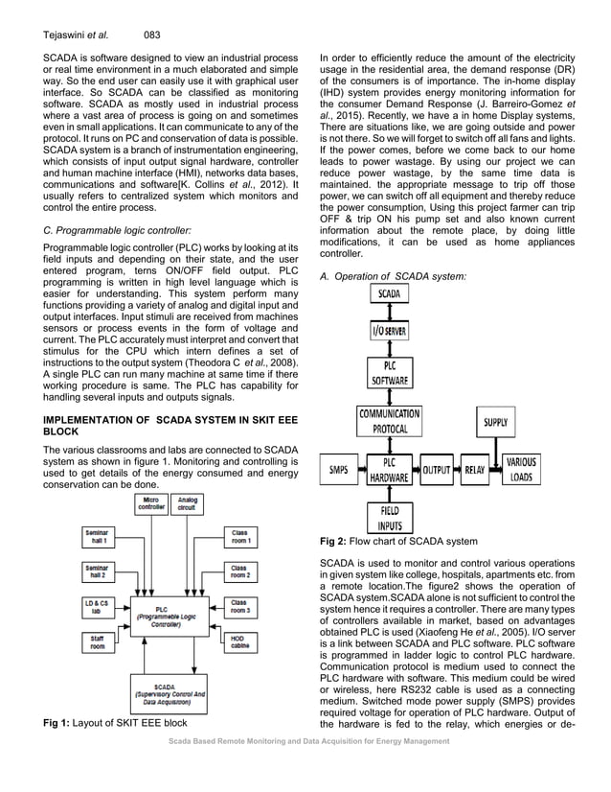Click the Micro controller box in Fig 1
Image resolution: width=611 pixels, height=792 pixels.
click(x=151, y=504)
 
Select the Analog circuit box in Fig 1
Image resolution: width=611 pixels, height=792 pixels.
click(x=189, y=504)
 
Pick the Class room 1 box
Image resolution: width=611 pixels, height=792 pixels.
click(x=238, y=536)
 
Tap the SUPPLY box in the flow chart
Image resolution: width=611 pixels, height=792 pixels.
click(x=495, y=422)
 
